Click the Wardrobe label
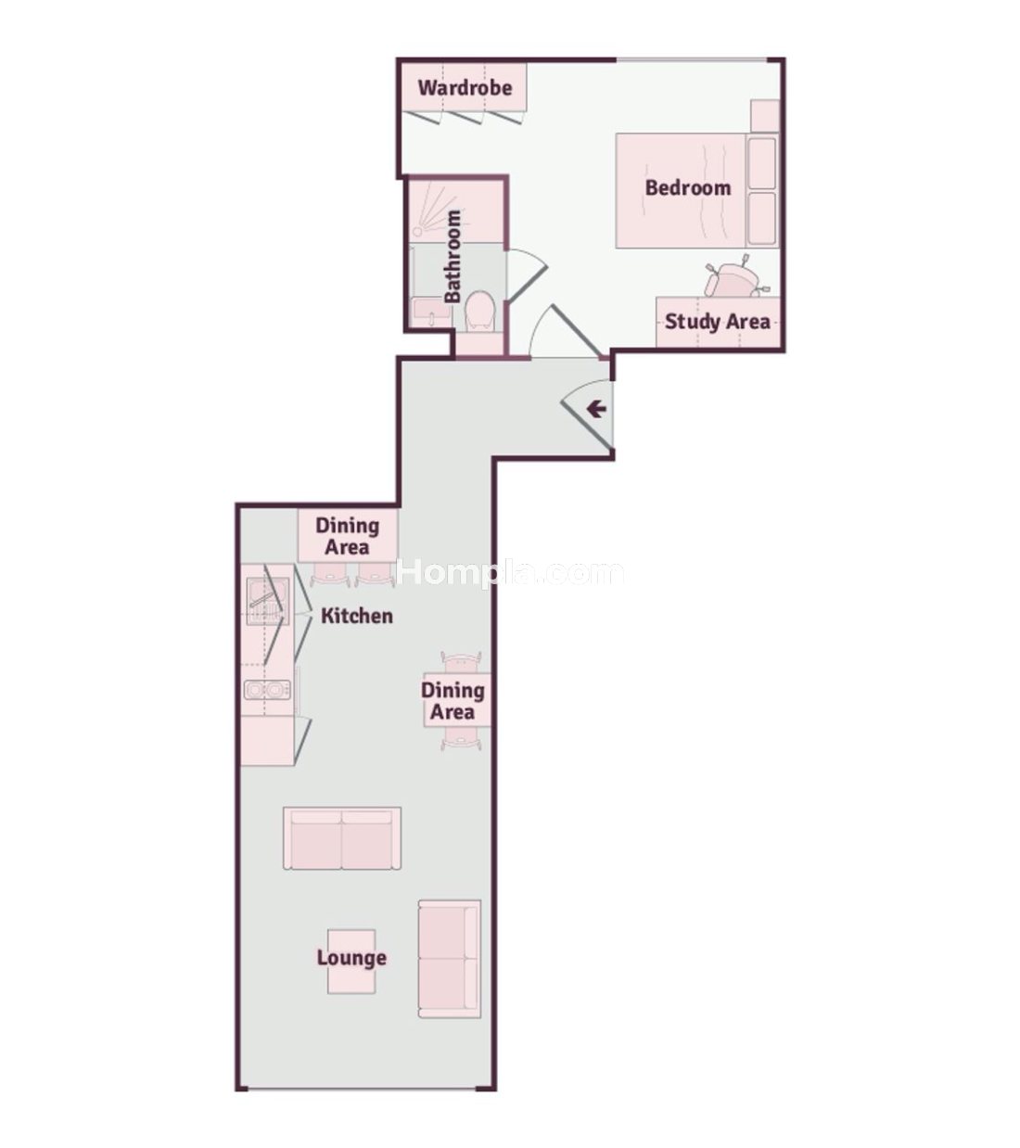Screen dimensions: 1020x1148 pos(465,88)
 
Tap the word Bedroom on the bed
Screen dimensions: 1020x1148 pos(688,187)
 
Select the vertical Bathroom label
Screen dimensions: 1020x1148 pos(453,257)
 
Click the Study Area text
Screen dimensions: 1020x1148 pos(718,321)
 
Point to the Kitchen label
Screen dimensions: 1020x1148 pos(357,616)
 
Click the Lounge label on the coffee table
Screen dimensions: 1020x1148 pos(351,958)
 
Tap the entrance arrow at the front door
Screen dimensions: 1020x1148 pos(596,408)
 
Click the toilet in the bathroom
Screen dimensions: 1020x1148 pos(480,311)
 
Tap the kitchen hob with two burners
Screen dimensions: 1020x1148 pos(267,690)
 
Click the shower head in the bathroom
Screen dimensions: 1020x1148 pos(418,231)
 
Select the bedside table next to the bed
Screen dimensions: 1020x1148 pos(765,116)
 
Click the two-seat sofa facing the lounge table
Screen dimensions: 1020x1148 pos(342,838)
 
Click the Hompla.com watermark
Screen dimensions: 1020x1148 pos(510,572)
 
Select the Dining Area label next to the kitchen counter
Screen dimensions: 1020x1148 pos(348,536)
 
